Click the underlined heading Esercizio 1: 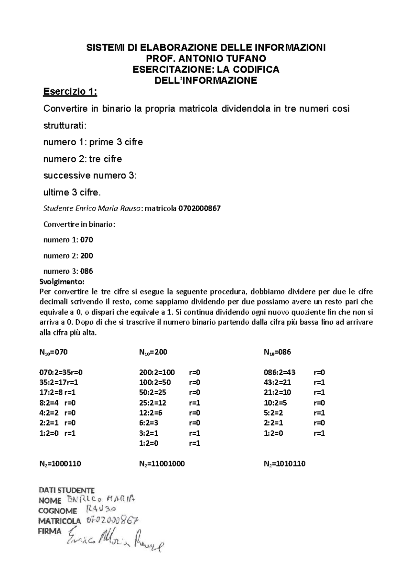point(70,92)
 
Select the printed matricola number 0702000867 point(199,208)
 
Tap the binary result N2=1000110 point(60,464)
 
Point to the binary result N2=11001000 point(162,464)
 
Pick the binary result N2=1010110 point(285,464)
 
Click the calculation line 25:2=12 point(153,403)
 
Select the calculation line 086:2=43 point(279,373)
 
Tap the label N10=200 point(153,352)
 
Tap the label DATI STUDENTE point(67,490)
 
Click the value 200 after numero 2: point(87,256)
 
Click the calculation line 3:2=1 point(149,433)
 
